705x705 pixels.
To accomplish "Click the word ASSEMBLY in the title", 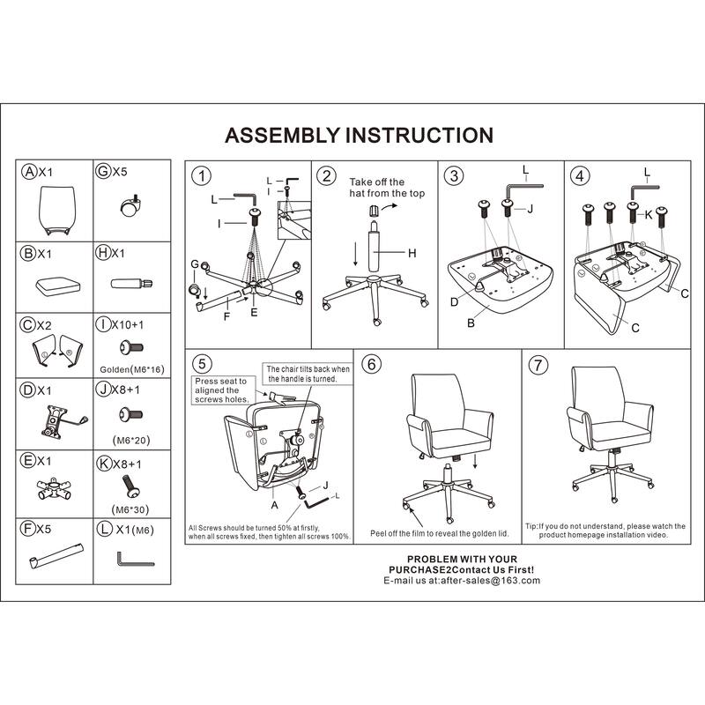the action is pyautogui.click(x=282, y=136).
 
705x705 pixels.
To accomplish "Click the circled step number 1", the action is pyautogui.click(x=201, y=175).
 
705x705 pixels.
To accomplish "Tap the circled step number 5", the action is pyautogui.click(x=202, y=364).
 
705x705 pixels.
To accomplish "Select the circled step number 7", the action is pyautogui.click(x=538, y=364).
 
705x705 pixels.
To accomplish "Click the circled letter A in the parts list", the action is pyautogui.click(x=29, y=171).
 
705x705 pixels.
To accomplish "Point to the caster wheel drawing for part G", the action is pyautogui.click(x=130, y=205).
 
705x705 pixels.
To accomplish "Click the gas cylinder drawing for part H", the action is pyautogui.click(x=131, y=284).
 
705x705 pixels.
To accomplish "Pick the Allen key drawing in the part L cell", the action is pyautogui.click(x=136, y=560).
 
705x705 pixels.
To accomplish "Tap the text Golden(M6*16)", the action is pyautogui.click(x=132, y=369).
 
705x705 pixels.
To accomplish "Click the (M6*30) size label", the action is pyautogui.click(x=130, y=509).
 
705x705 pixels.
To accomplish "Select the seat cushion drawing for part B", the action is pyautogui.click(x=58, y=286).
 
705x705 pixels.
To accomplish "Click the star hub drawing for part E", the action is pyautogui.click(x=54, y=489).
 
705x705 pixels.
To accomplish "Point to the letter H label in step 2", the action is pyautogui.click(x=412, y=253).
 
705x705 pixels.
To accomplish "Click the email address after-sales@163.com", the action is pyautogui.click(x=491, y=581).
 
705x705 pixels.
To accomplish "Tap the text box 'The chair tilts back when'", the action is pyautogui.click(x=308, y=368).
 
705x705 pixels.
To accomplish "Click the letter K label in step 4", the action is pyautogui.click(x=648, y=215).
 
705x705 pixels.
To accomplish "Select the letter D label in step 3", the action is pyautogui.click(x=454, y=302).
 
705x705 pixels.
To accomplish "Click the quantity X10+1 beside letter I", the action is pyautogui.click(x=128, y=324).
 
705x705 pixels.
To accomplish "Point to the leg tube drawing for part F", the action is pyautogui.click(x=56, y=556).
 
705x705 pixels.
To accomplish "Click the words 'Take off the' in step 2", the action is pyautogui.click(x=377, y=182).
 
